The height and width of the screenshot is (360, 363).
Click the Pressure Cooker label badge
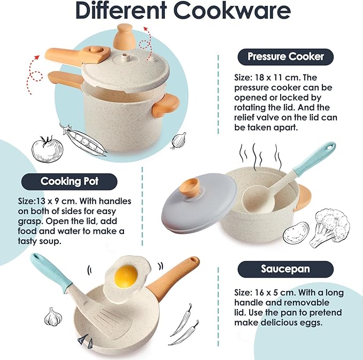(285, 56)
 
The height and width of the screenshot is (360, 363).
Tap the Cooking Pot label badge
(69, 181)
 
